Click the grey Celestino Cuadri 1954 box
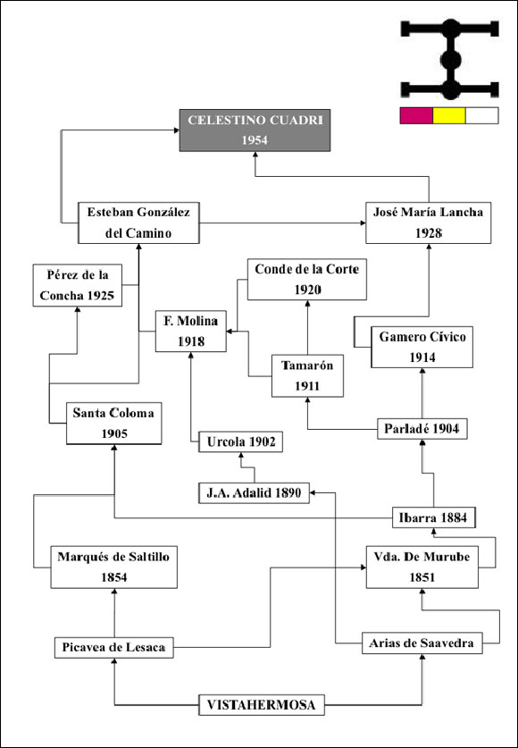click(255, 130)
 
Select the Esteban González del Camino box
click(138, 223)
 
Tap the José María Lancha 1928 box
click(429, 223)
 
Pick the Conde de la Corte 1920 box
click(307, 280)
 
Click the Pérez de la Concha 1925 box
click(77, 285)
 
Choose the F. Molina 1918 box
click(190, 331)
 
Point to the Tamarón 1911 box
click(307, 376)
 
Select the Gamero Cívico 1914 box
click(422, 347)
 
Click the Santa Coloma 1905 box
click(114, 423)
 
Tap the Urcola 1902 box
click(240, 441)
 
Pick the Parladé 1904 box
click(422, 429)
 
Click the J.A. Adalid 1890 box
click(254, 492)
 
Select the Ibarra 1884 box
click(434, 517)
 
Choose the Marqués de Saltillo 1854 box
click(114, 567)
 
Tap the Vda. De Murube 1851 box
click(422, 567)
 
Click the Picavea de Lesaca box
click(114, 648)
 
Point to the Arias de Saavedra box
click(422, 643)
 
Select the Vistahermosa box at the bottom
click(262, 705)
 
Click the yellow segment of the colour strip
click(449, 115)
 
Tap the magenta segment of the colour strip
click(416, 115)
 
